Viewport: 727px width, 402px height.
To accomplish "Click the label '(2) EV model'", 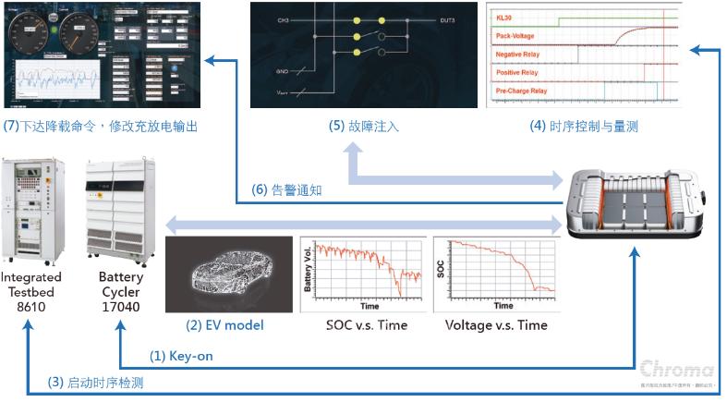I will pos(224,325).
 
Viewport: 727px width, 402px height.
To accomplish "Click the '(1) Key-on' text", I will pos(182,356).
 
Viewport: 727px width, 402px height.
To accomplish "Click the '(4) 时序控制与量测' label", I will pos(584,127).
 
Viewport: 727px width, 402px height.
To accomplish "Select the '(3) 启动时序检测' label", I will pos(96,382).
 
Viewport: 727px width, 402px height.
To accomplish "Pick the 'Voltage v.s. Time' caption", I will pos(496,325).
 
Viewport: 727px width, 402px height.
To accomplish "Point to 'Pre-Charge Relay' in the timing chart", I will pos(521,91).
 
